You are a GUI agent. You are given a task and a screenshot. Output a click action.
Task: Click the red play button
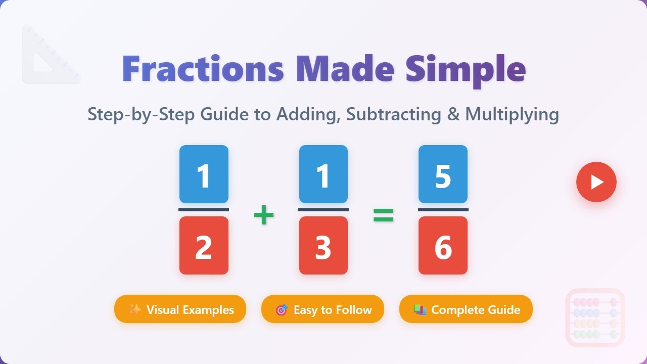click(x=596, y=182)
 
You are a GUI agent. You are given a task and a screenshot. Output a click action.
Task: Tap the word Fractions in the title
click(x=203, y=69)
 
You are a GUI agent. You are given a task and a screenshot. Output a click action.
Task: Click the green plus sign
click(x=263, y=216)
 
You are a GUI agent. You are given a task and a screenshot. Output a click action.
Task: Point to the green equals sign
click(x=383, y=216)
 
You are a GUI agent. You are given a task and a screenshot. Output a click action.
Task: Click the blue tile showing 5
click(x=443, y=174)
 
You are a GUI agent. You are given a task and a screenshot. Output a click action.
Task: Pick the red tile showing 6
click(x=443, y=246)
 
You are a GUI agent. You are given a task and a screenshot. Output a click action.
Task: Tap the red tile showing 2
click(x=204, y=246)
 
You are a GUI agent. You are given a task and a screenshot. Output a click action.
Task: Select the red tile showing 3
click(x=323, y=246)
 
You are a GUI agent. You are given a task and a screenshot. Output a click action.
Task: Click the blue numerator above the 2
click(x=204, y=174)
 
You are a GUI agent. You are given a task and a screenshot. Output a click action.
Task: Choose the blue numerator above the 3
click(x=323, y=174)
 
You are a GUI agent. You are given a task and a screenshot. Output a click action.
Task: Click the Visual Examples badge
click(x=180, y=309)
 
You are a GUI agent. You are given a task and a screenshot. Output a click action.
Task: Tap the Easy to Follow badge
click(x=322, y=309)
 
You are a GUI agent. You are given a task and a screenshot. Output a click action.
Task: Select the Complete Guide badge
click(x=466, y=309)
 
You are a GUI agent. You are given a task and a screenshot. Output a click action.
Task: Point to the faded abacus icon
click(x=595, y=317)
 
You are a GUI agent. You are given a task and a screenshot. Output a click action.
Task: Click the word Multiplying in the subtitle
click(x=512, y=114)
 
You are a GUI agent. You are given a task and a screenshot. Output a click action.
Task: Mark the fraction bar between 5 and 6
click(x=443, y=209)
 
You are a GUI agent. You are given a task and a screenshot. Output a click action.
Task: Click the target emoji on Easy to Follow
click(x=282, y=309)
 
